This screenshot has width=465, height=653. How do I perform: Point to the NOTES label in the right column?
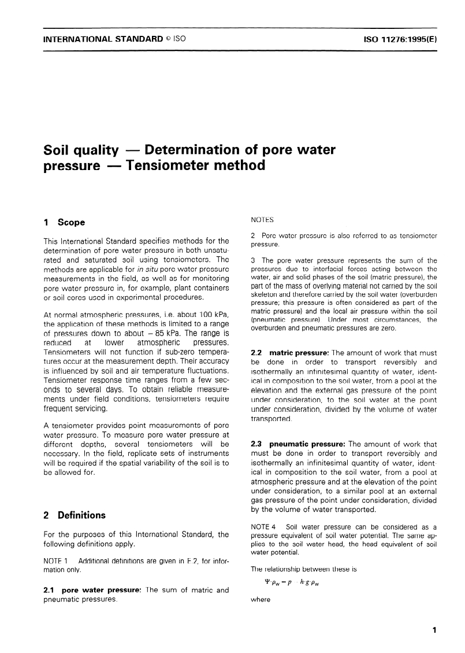(x=263, y=220)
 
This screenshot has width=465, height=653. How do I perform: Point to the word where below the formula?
(x=260, y=600)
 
